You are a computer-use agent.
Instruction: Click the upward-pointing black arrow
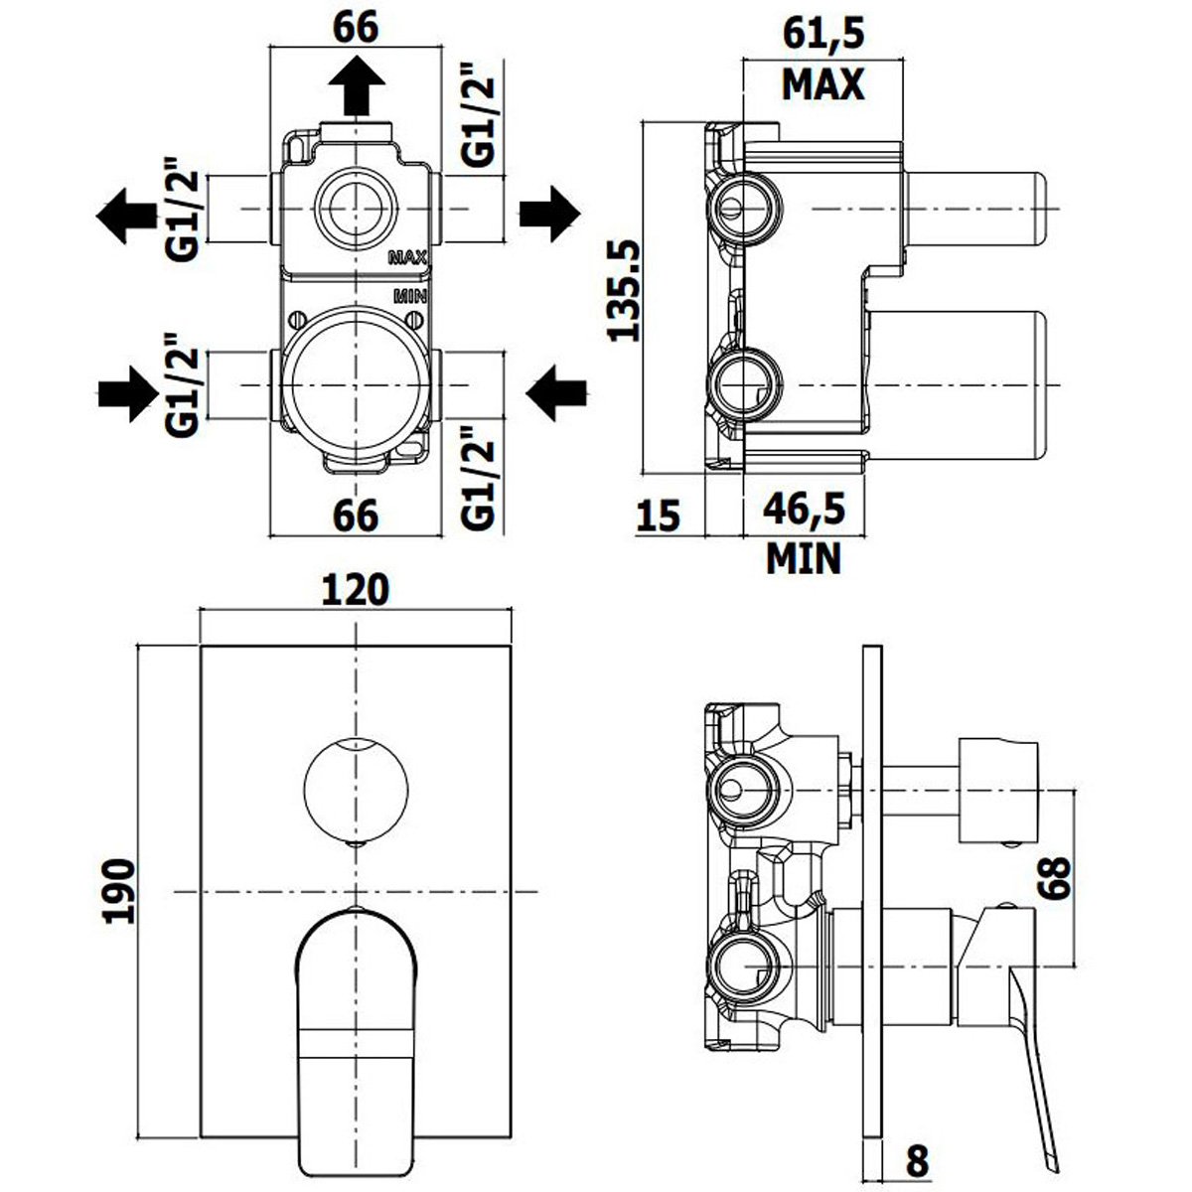[x=357, y=85]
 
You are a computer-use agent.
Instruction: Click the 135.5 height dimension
[x=624, y=291]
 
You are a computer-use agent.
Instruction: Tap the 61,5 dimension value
[x=823, y=34]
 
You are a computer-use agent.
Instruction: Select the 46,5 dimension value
[x=804, y=510]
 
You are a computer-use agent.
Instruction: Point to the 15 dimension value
[x=659, y=515]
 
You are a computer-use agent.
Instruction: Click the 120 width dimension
[x=356, y=589]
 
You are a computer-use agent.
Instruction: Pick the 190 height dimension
[x=119, y=891]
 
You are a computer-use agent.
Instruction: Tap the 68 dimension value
[x=1055, y=877]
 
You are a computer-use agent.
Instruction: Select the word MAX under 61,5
[x=823, y=84]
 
